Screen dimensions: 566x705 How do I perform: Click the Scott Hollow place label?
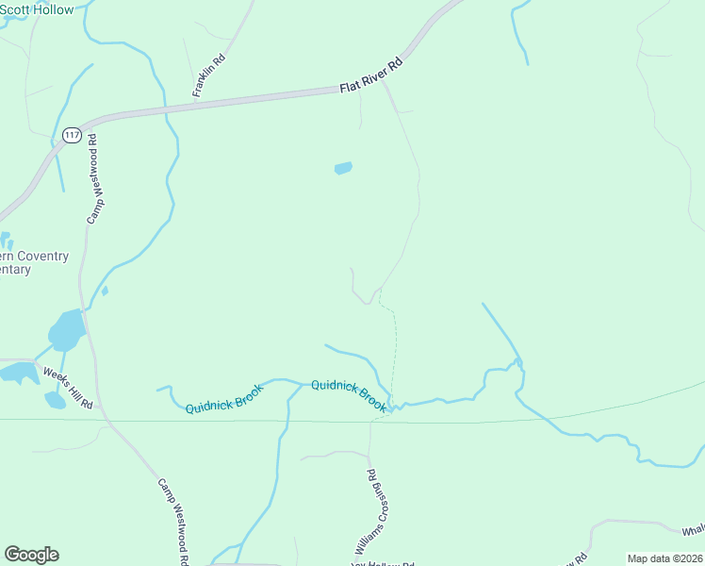[38, 8]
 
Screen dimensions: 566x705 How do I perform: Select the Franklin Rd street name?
[209, 75]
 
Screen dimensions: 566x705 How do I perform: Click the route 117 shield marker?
[72, 136]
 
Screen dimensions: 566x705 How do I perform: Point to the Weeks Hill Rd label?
[69, 387]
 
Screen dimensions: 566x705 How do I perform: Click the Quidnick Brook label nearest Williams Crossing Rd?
[348, 394]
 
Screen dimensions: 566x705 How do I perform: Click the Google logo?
[31, 555]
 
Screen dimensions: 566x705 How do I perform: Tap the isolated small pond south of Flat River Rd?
[343, 169]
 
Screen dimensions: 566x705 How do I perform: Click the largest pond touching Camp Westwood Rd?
[67, 330]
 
